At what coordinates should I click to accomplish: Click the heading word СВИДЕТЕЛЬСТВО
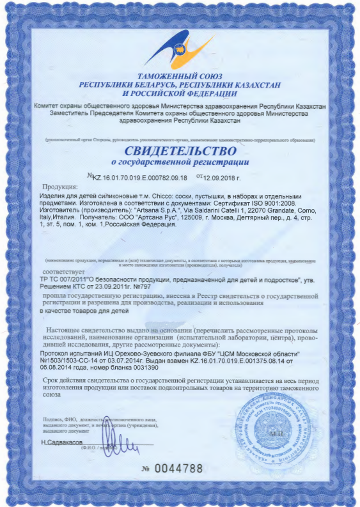tap(180, 152)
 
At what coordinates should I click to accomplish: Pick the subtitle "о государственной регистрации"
tap(180, 163)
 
